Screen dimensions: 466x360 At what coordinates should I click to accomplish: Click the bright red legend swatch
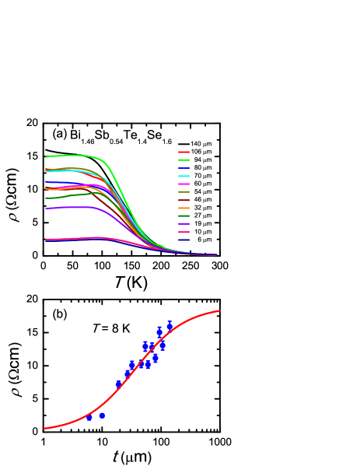click(184, 152)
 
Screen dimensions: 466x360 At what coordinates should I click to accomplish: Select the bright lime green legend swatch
click(184, 160)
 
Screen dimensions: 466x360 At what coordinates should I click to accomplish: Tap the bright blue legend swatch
click(184, 168)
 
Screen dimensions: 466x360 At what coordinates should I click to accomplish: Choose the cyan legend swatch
click(184, 177)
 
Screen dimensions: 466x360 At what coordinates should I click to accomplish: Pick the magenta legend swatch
click(184, 184)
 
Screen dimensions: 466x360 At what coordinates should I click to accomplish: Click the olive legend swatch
click(184, 192)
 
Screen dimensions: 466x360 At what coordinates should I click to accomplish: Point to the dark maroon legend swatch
click(184, 201)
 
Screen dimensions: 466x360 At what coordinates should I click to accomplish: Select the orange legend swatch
click(184, 208)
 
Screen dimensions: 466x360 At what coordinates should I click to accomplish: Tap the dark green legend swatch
click(184, 216)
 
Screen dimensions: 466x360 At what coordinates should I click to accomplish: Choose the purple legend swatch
click(184, 224)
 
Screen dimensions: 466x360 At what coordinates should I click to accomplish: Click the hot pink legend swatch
click(184, 233)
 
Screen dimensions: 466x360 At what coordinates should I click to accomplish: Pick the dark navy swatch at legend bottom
click(184, 240)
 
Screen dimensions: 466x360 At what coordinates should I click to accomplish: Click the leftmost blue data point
click(89, 418)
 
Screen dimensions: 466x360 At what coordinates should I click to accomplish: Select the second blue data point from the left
click(102, 415)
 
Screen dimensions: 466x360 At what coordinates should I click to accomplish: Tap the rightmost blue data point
click(170, 326)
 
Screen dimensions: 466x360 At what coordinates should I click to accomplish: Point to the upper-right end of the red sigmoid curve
click(219, 311)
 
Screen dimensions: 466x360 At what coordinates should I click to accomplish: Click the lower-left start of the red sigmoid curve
click(45, 428)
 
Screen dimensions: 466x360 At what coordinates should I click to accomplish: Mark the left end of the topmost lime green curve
click(46, 156)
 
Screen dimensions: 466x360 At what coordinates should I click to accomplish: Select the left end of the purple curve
click(46, 208)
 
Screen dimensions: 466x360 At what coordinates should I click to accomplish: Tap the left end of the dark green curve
click(46, 198)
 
